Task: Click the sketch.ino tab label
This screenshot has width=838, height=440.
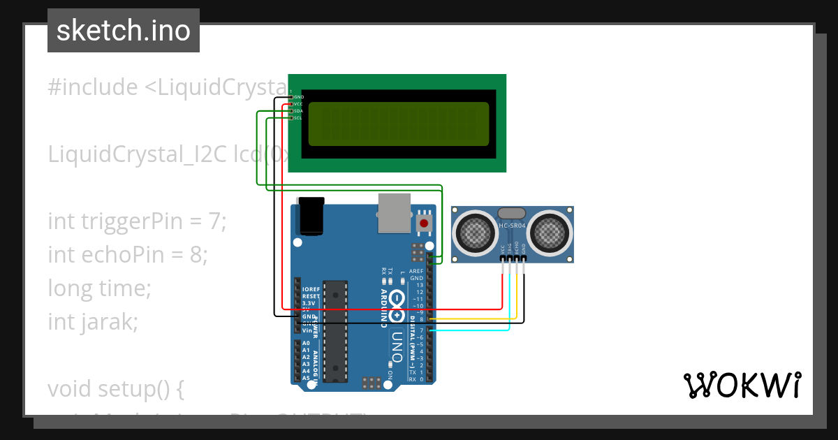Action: point(124,31)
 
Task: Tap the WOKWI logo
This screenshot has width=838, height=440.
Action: point(742,385)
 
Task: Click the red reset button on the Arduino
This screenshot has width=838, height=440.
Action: point(423,223)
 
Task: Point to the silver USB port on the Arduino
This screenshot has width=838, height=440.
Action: point(396,212)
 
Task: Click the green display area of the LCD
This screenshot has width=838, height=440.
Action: point(399,124)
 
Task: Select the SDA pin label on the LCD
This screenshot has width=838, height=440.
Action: point(297,111)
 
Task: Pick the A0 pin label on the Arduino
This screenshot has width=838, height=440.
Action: point(306,344)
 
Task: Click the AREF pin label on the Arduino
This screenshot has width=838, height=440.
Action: point(416,271)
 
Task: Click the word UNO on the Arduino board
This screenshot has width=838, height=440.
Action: point(396,346)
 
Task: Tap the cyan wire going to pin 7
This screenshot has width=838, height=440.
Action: point(475,330)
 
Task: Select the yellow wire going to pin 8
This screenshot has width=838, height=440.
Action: point(475,319)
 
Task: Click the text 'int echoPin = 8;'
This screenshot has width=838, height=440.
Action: point(128,255)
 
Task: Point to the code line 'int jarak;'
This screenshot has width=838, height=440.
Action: point(93,322)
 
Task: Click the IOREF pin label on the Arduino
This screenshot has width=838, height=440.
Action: point(310,289)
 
